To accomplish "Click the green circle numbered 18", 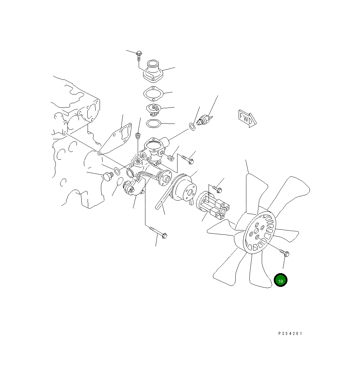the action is coord(280,280).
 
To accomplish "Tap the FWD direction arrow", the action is coord(247,119).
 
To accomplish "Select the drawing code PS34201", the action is coord(290,334).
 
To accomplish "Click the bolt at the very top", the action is coord(139,55).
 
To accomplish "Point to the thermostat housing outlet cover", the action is coord(153,71).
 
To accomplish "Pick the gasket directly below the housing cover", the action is coord(153,94).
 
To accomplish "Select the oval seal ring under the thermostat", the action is coord(153,123).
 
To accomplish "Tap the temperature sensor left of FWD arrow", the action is coord(205,120).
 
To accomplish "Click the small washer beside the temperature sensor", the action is coord(192,127).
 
